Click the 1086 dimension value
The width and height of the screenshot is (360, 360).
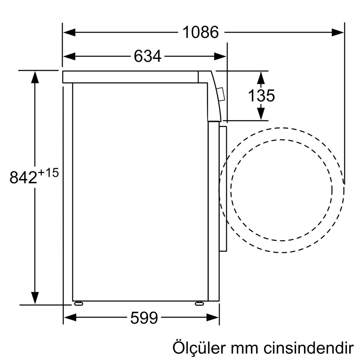pos(200,32)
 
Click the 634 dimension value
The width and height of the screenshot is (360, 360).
pos(148,56)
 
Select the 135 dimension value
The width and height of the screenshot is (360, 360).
pos(261,96)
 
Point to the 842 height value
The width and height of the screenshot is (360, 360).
pos(23,177)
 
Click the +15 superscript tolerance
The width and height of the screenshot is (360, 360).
pos(48,173)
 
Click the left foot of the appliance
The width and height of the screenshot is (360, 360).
pos(78,304)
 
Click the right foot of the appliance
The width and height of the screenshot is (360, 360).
pos(199,304)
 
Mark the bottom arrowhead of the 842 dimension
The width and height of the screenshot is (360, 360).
pos(35,298)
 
